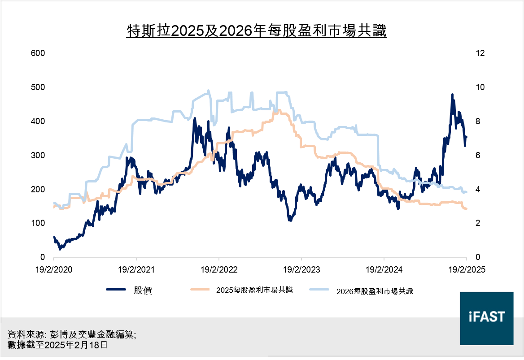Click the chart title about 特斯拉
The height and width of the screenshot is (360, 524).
tap(257, 31)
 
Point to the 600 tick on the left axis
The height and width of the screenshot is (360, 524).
tap(38, 53)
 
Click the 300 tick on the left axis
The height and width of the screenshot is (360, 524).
tap(38, 155)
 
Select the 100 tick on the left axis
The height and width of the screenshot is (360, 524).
tap(38, 223)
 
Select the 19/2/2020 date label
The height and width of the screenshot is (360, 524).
tap(54, 270)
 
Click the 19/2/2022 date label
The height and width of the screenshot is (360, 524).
tap(219, 270)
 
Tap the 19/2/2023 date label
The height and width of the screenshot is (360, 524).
tap(301, 270)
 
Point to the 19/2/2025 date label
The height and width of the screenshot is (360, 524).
tap(467, 270)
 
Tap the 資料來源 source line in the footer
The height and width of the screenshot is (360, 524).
tap(72, 335)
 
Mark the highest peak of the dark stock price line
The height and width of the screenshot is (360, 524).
tap(452, 95)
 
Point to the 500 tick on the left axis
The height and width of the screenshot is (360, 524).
tap(38, 87)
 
